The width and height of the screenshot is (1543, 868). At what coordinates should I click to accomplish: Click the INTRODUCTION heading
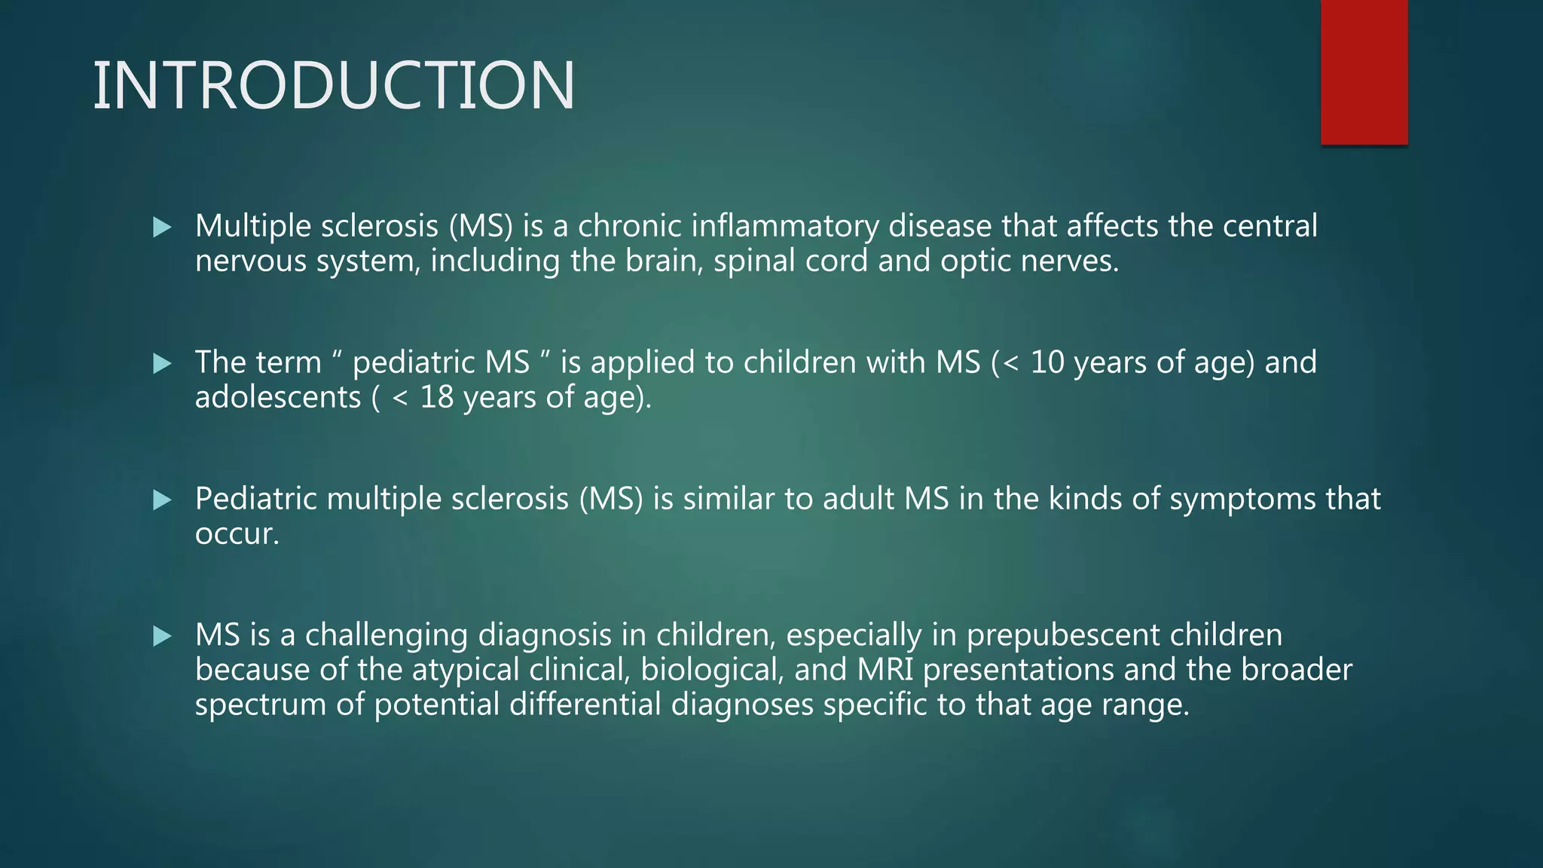point(334,86)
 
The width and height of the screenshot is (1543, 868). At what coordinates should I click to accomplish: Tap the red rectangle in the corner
point(1364,72)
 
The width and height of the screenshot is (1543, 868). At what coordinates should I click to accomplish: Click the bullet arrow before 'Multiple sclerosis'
point(162,227)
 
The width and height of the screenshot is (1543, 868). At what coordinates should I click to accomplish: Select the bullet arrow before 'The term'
point(162,364)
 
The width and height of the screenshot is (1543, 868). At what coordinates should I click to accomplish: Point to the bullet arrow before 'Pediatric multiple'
point(162,500)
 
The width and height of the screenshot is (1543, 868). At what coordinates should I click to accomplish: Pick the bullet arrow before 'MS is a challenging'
point(162,637)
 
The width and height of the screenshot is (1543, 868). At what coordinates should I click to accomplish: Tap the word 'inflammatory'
point(784,226)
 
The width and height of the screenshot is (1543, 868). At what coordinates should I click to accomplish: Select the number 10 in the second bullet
point(1046,362)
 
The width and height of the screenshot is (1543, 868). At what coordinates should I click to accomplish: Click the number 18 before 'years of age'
point(437,397)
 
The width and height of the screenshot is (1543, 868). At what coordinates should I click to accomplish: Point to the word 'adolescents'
point(278,397)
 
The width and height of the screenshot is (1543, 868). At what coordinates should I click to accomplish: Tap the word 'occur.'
point(237,534)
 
